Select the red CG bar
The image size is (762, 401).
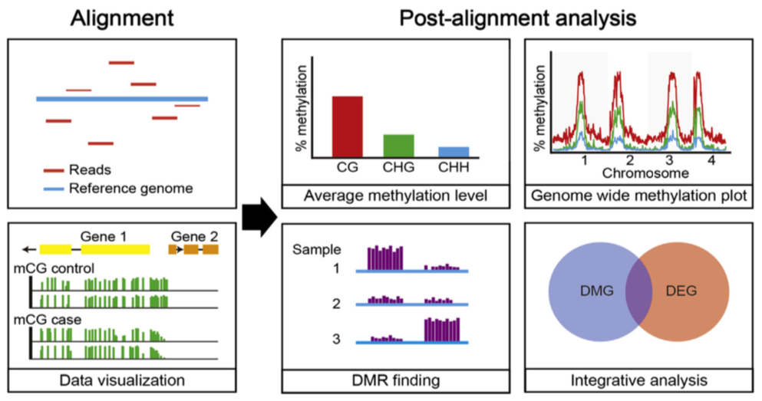point(347,126)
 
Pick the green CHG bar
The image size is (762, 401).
point(398,145)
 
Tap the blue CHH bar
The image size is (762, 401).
point(454,151)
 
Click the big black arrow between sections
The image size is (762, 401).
point(257,217)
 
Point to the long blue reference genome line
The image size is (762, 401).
point(121,99)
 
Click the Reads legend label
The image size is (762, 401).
point(90,170)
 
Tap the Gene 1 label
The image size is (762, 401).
point(106,235)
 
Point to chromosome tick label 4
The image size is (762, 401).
point(711,162)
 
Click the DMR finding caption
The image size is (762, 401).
point(395,380)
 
